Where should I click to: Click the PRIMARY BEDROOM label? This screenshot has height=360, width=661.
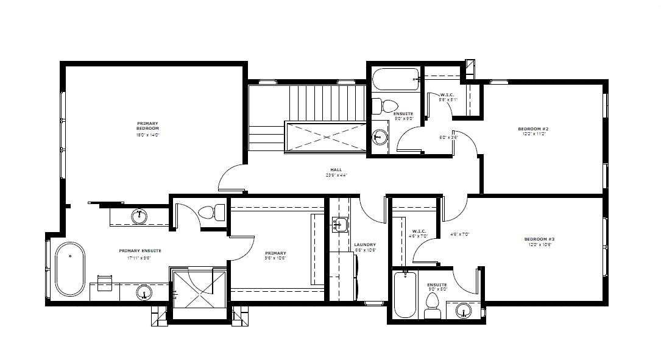tap(147, 126)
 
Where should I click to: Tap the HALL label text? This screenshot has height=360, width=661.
tap(336, 170)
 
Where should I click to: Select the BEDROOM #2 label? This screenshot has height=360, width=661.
tap(533, 129)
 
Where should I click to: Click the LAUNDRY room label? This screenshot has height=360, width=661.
tap(365, 245)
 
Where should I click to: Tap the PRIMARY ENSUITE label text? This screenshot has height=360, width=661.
tap(140, 250)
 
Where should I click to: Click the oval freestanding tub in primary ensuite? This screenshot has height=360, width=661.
tap(71, 269)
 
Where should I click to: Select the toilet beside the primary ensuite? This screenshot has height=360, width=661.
tap(207, 213)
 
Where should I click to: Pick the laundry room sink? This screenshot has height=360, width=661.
tap(339, 225)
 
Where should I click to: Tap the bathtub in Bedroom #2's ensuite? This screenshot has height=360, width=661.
tap(395, 79)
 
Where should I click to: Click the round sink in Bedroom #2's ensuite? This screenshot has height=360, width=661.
tap(380, 136)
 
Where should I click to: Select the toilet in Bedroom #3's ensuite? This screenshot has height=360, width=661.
tap(433, 305)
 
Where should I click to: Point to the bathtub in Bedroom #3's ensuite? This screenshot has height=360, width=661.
tap(405, 294)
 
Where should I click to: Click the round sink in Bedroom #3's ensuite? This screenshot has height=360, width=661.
tap(464, 311)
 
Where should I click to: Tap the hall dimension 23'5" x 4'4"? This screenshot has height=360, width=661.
tap(336, 175)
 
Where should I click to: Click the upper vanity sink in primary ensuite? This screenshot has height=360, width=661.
tap(140, 214)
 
